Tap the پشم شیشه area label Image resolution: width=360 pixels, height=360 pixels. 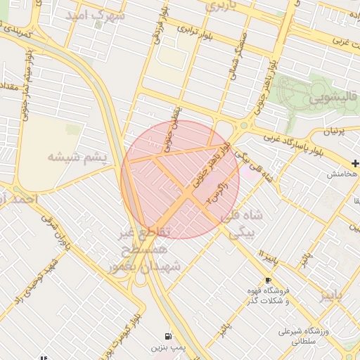point(77,157)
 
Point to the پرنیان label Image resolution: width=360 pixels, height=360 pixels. point(335,131)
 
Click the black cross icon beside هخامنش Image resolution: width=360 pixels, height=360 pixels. point(354,163)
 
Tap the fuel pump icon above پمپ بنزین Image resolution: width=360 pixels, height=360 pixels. point(167,336)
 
